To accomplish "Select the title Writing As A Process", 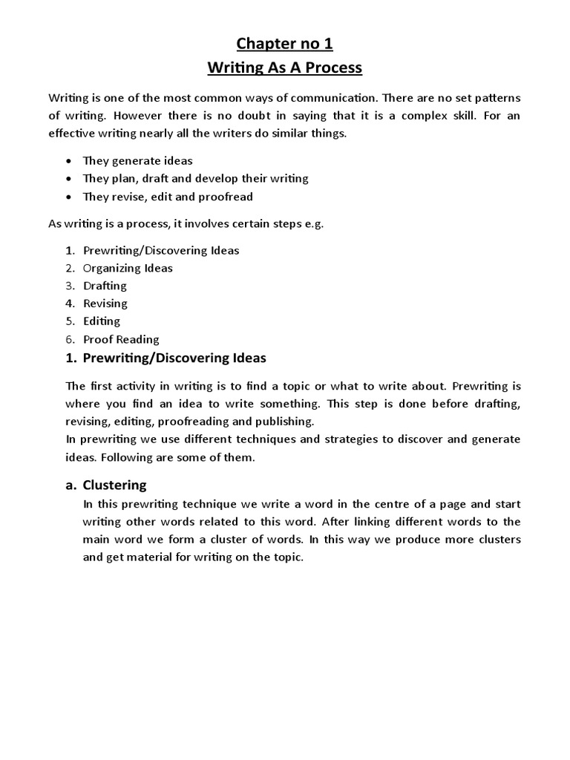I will (284, 68).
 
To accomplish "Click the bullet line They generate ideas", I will (138, 160).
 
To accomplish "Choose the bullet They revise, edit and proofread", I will (168, 197).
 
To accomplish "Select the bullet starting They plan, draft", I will (195, 178).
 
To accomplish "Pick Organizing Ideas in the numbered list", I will (128, 268).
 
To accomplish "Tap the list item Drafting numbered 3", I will (105, 286).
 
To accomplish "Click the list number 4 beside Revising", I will (70, 304).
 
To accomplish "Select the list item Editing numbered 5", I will (102, 321).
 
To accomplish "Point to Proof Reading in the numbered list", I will (121, 339).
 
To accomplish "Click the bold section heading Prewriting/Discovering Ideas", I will (174, 358).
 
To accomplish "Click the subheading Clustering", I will (115, 485).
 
